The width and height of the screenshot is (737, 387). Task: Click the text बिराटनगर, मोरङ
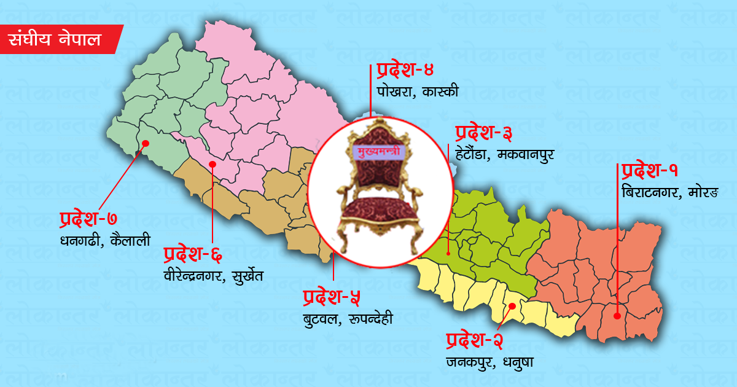coord(669,192)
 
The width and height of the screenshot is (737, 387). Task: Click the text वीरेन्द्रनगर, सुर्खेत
coord(213,275)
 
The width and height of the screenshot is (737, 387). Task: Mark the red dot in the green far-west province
coord(146,143)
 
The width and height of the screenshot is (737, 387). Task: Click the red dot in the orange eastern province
coord(617,316)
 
